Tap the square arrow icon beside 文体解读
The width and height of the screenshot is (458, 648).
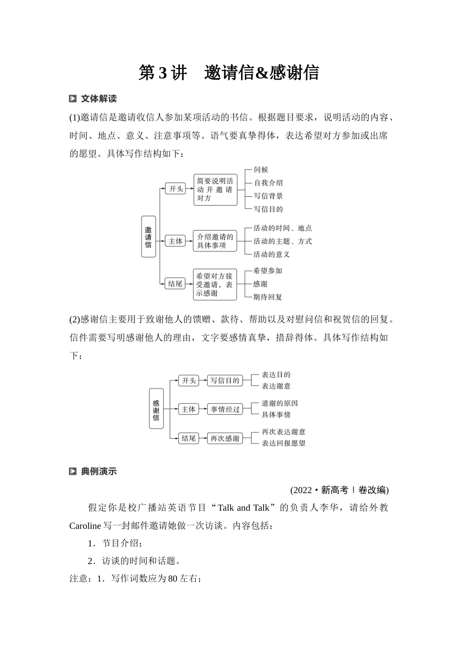73,99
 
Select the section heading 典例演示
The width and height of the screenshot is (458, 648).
98,472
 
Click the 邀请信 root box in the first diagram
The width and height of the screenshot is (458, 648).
148,236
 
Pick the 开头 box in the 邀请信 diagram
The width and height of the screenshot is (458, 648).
175,189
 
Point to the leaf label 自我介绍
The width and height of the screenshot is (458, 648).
268,183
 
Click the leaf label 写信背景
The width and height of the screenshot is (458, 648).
268,196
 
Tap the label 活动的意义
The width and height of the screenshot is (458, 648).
271,254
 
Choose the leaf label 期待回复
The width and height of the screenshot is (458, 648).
268,297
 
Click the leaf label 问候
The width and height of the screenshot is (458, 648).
261,170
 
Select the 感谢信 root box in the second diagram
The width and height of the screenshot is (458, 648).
156,408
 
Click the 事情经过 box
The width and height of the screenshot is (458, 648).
225,409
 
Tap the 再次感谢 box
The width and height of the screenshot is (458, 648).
225,438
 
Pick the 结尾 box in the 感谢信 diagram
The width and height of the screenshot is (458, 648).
188,438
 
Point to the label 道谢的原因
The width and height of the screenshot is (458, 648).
280,403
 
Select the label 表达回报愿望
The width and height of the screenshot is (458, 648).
283,443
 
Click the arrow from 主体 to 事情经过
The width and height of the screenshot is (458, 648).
203,409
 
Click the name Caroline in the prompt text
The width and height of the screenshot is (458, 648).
85,526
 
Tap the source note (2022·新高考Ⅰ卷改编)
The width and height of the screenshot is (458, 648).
339,490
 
